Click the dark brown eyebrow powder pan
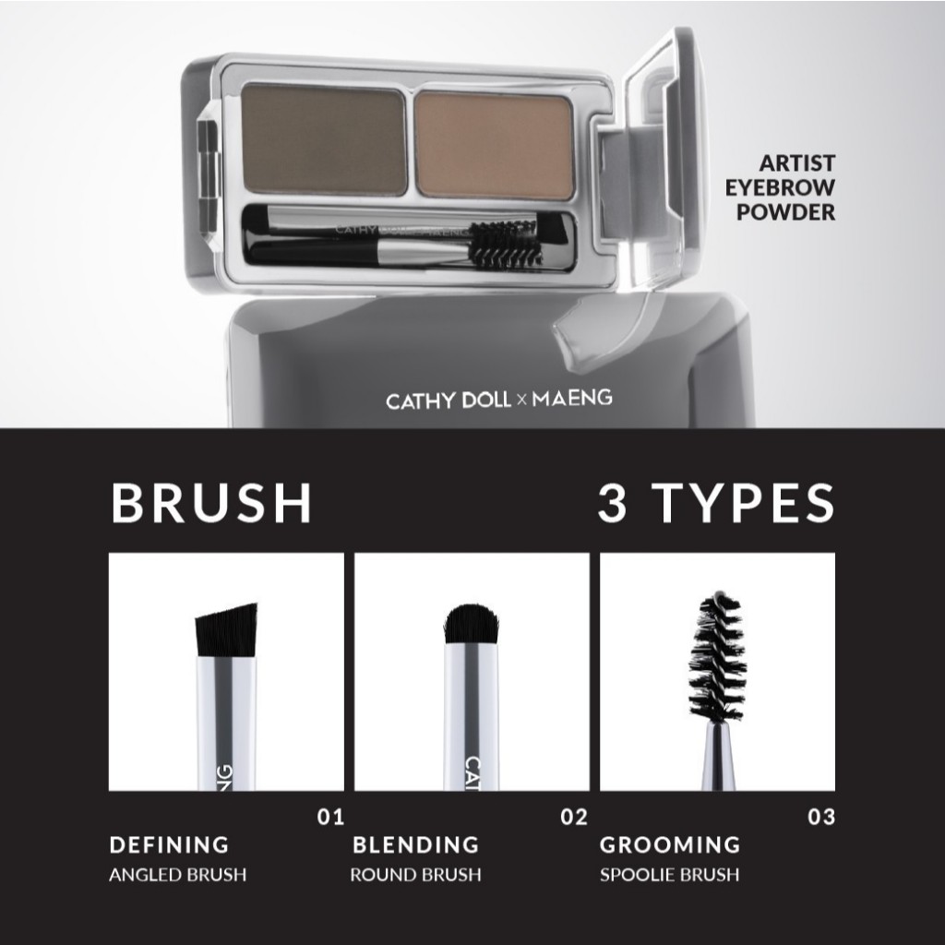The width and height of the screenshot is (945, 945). (324, 140)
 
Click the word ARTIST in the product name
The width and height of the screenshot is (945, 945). (796, 163)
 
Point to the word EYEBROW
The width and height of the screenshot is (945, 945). (780, 187)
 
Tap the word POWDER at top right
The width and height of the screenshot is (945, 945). (786, 212)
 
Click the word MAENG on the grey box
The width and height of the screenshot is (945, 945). (572, 398)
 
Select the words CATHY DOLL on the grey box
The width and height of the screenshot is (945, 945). (449, 401)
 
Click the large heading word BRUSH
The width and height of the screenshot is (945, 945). (211, 503)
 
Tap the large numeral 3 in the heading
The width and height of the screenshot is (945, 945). (613, 503)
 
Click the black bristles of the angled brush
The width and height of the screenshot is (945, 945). (227, 629)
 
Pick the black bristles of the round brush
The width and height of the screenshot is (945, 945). (472, 625)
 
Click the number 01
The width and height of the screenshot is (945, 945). (331, 818)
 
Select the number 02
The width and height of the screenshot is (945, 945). (574, 818)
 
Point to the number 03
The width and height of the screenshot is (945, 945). (821, 818)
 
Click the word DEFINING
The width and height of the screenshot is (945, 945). (170, 845)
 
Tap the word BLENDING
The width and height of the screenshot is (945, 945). (416, 845)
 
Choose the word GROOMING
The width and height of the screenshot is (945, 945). (670, 845)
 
